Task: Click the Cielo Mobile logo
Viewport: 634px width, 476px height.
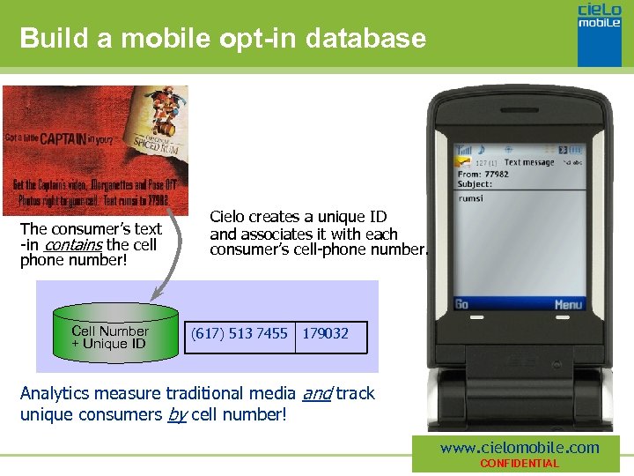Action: [x=600, y=33]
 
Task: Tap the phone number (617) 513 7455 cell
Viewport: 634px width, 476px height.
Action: [x=240, y=333]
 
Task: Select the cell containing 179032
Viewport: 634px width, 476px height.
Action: [x=326, y=333]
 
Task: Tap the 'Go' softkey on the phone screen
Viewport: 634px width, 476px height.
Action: [x=462, y=304]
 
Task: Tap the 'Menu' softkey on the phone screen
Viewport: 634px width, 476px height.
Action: [x=568, y=304]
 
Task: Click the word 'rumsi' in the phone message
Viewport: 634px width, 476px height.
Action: [x=471, y=198]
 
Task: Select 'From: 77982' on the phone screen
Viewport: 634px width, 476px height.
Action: [x=483, y=175]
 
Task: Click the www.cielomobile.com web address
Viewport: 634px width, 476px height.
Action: [x=520, y=448]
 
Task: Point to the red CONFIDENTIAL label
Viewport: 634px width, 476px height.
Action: [x=519, y=464]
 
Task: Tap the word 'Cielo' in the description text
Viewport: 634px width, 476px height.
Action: [x=229, y=217]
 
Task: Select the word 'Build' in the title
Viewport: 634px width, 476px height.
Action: [x=48, y=39]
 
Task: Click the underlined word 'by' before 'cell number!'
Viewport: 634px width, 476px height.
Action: [x=177, y=413]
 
